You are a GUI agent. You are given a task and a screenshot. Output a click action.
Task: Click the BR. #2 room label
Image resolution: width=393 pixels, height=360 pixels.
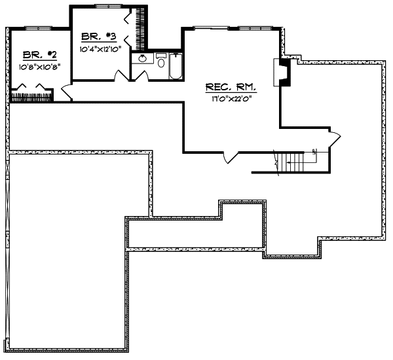(x=35, y=55)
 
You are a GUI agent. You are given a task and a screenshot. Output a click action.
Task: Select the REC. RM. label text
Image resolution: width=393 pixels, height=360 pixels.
(x=230, y=86)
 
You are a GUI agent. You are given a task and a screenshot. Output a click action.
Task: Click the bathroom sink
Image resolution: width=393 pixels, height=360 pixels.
(x=140, y=60)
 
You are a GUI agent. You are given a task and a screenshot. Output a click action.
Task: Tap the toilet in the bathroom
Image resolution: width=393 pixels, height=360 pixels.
(x=161, y=60)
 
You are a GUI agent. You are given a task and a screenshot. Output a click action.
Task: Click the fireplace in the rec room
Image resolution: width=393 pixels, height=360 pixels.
(x=281, y=73)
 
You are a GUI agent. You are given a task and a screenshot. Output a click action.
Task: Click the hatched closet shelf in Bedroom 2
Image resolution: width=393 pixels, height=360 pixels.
(x=39, y=96)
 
